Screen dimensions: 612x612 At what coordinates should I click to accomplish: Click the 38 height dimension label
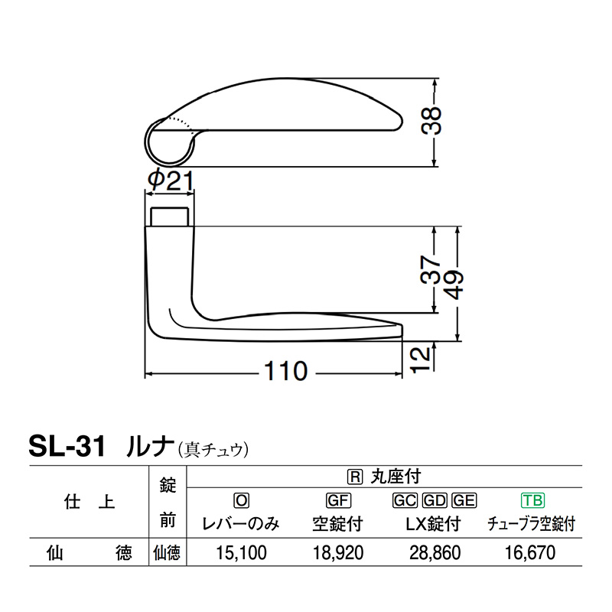[431, 121]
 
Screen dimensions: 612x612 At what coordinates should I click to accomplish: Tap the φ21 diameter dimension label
[171, 181]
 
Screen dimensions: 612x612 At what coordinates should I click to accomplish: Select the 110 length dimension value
[285, 371]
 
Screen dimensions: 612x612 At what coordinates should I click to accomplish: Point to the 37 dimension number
[431, 269]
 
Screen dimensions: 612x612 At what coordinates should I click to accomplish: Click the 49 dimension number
[454, 285]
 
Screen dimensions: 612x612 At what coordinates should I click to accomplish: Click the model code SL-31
[67, 447]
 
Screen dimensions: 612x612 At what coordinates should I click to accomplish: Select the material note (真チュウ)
[213, 450]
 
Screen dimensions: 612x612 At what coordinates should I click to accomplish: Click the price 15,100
[241, 552]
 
